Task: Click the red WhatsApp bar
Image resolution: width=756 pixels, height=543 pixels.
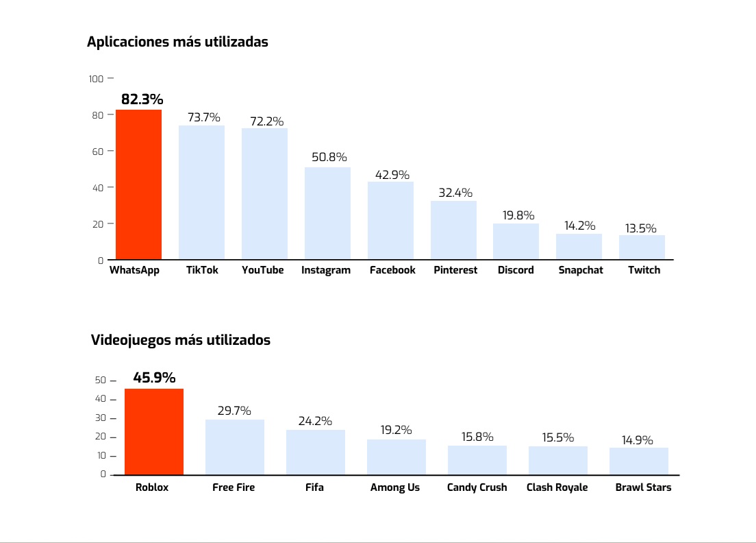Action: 138,184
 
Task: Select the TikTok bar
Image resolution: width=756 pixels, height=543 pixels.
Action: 201,192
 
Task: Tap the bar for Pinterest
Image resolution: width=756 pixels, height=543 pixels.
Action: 453,230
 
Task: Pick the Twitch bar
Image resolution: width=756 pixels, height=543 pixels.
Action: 642,247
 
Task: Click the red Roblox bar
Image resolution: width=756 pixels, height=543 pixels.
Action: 154,431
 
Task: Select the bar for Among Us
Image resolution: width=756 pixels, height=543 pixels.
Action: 396,457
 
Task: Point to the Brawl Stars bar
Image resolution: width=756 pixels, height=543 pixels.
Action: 639,461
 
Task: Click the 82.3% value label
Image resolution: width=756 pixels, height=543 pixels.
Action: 142,99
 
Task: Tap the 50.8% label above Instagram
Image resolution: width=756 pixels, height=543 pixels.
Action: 329,157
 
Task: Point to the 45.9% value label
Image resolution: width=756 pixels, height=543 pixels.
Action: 154,378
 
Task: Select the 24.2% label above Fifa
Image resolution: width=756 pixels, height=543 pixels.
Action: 315,421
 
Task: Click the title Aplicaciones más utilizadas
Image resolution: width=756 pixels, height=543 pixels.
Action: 177,42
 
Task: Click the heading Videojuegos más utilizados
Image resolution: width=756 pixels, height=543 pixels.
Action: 180,340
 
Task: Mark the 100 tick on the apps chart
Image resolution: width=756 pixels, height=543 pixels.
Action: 96,79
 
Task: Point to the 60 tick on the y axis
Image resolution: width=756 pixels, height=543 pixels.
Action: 98,152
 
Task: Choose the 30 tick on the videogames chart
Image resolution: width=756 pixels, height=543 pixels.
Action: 101,418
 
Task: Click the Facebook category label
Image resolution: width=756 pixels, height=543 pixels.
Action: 392,270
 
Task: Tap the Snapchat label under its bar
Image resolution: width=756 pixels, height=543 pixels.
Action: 581,270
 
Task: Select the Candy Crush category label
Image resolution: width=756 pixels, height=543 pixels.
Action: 477,487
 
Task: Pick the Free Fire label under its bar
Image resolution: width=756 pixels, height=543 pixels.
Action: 234,487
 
